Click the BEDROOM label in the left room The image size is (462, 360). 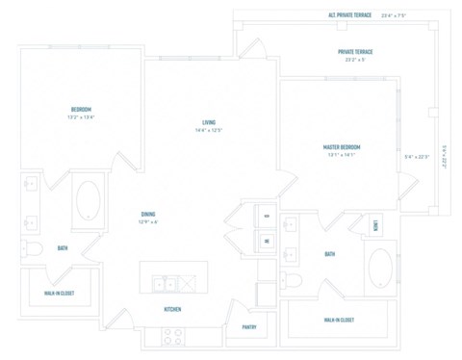pyautogui.click(x=80, y=108)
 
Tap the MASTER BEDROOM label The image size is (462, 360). pyautogui.click(x=347, y=146)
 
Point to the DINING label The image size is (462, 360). pyautogui.click(x=148, y=213)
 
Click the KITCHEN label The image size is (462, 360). pyautogui.click(x=172, y=309)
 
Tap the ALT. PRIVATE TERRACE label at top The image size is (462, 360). pyautogui.click(x=350, y=15)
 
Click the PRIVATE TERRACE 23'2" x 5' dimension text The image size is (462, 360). pyautogui.click(x=357, y=60)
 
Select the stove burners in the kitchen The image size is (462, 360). pyautogui.click(x=173, y=336)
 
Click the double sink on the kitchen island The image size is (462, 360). pyautogui.click(x=167, y=282)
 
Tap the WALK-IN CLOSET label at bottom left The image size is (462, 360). pyautogui.click(x=60, y=293)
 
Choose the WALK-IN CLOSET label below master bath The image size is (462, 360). pyautogui.click(x=338, y=320)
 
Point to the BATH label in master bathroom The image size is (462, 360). pyautogui.click(x=329, y=254)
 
